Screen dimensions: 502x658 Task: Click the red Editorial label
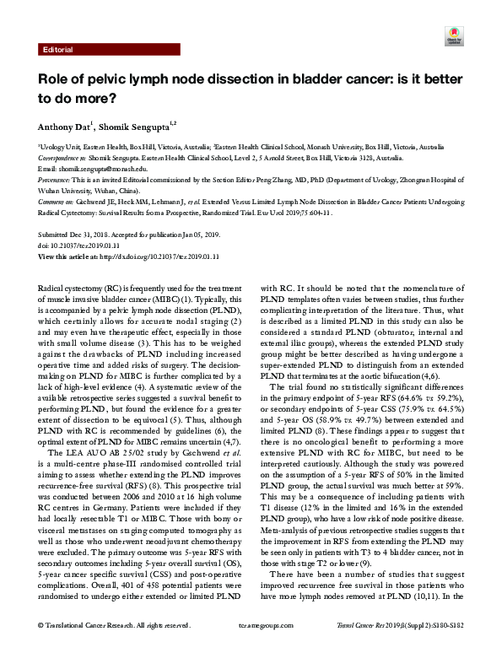coord(57,51)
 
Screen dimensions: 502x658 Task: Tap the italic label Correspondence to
coord(63,158)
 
